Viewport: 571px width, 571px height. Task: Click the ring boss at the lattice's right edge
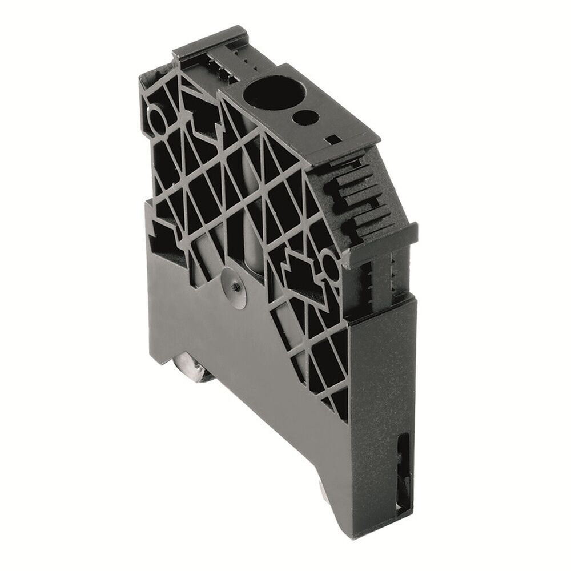point(331,264)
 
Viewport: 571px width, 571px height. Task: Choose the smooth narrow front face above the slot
point(388,365)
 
